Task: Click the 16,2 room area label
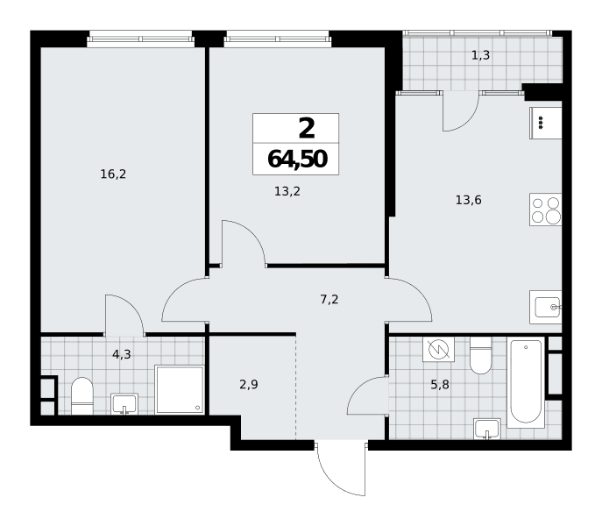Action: click(x=113, y=174)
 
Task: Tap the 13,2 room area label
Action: click(x=287, y=191)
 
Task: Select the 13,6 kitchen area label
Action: click(x=469, y=200)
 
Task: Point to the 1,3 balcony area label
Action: click(x=481, y=56)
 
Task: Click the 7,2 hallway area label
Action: click(x=329, y=299)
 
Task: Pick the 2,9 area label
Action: click(x=249, y=384)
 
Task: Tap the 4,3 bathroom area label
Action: click(x=121, y=355)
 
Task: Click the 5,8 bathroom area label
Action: click(x=440, y=384)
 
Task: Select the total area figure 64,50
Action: click(x=297, y=159)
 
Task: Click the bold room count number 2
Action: click(x=307, y=128)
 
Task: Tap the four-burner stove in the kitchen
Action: click(x=546, y=210)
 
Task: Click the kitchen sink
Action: click(x=546, y=307)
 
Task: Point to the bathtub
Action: click(x=526, y=383)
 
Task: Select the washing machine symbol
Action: click(x=438, y=349)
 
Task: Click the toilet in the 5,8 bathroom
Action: click(x=481, y=356)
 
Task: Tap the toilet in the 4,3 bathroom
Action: click(x=82, y=395)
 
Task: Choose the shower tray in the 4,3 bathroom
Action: click(x=180, y=389)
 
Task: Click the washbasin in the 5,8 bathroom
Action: click(x=487, y=428)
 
